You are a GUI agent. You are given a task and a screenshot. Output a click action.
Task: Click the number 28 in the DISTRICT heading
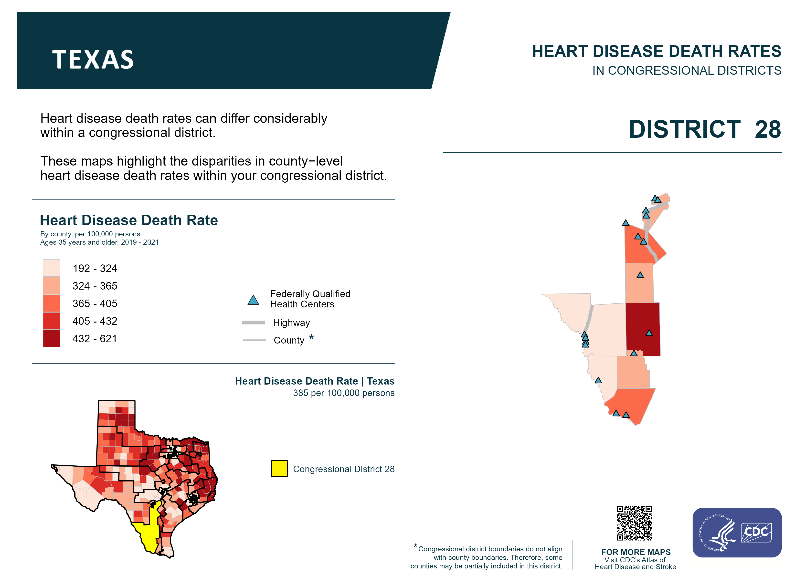768,129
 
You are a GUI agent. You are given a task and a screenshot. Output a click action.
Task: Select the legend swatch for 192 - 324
52,268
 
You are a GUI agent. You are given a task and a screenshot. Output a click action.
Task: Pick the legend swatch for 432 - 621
52,338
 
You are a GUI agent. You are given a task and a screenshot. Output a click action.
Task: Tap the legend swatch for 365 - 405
52,303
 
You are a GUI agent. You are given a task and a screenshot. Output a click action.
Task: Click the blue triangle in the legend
253,300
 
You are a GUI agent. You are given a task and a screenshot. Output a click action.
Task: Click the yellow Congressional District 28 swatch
279,469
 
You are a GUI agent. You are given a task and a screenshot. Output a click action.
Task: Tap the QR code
634,523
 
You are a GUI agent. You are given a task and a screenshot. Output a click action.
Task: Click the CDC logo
756,532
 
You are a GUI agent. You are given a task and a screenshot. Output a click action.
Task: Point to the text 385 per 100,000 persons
343,393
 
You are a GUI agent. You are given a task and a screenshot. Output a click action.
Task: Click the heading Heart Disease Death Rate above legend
129,220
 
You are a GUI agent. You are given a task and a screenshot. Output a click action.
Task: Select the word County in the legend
289,340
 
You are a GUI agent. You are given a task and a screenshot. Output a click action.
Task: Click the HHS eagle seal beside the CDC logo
717,532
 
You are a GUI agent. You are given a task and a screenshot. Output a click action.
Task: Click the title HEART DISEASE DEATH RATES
656,52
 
